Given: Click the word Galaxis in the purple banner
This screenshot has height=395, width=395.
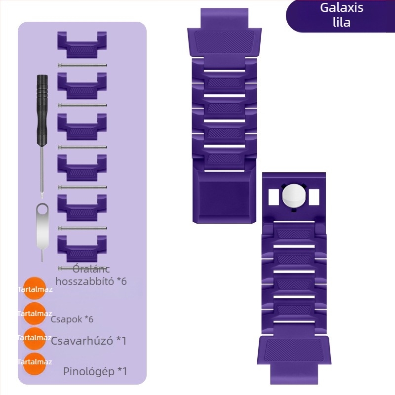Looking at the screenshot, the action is click(x=342, y=7).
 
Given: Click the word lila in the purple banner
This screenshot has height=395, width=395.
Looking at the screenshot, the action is click(x=342, y=22).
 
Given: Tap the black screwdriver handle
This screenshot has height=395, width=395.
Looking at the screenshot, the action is click(x=42, y=110).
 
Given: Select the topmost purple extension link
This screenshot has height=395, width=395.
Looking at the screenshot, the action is click(x=82, y=44).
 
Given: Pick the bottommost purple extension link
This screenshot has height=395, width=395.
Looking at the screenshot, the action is click(x=82, y=249).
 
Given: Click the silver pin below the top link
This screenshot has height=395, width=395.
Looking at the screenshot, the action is click(x=82, y=65).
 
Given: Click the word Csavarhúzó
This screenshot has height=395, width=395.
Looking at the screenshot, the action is click(x=82, y=341).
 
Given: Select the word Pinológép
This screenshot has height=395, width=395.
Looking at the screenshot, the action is click(x=89, y=371).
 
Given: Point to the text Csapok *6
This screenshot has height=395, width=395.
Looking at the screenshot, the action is click(x=72, y=319).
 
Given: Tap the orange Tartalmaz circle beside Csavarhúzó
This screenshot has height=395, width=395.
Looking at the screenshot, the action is click(x=34, y=338).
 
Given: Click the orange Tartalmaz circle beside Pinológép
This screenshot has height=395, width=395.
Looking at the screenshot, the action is click(x=34, y=363).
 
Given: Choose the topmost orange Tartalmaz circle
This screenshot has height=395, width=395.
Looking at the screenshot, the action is click(x=34, y=288).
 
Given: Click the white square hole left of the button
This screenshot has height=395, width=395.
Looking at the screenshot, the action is click(x=274, y=197).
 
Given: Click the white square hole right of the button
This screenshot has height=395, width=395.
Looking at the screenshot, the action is click(x=314, y=197).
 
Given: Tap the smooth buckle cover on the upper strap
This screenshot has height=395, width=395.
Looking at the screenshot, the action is click(x=224, y=196).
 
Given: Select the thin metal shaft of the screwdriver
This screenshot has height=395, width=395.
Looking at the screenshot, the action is click(x=42, y=172).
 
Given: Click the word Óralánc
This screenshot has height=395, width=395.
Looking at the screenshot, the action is click(x=91, y=269).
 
